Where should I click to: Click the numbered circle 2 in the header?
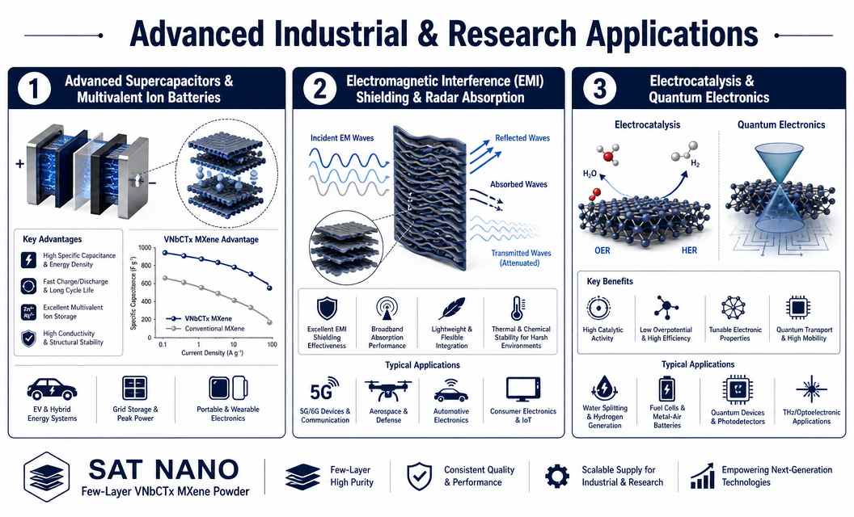point(319,89)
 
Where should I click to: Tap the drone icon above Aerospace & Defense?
point(388,390)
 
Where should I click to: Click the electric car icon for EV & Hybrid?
point(52,389)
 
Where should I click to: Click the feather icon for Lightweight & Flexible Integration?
point(451,309)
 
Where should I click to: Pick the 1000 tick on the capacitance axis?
point(145,248)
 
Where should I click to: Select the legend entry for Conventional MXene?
point(206,329)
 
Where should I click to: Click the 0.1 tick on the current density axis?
point(163,344)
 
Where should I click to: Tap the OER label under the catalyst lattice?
point(602,250)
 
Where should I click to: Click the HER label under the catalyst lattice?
point(689,250)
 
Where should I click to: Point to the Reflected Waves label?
point(522,138)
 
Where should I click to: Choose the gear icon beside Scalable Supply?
point(557,476)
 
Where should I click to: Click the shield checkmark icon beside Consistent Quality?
point(420,476)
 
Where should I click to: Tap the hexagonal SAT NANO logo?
point(47,477)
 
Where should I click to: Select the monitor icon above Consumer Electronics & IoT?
point(523,389)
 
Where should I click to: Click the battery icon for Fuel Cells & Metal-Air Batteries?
point(666,389)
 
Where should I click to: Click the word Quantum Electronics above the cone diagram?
point(781,124)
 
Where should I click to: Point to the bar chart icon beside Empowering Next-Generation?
point(702,476)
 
